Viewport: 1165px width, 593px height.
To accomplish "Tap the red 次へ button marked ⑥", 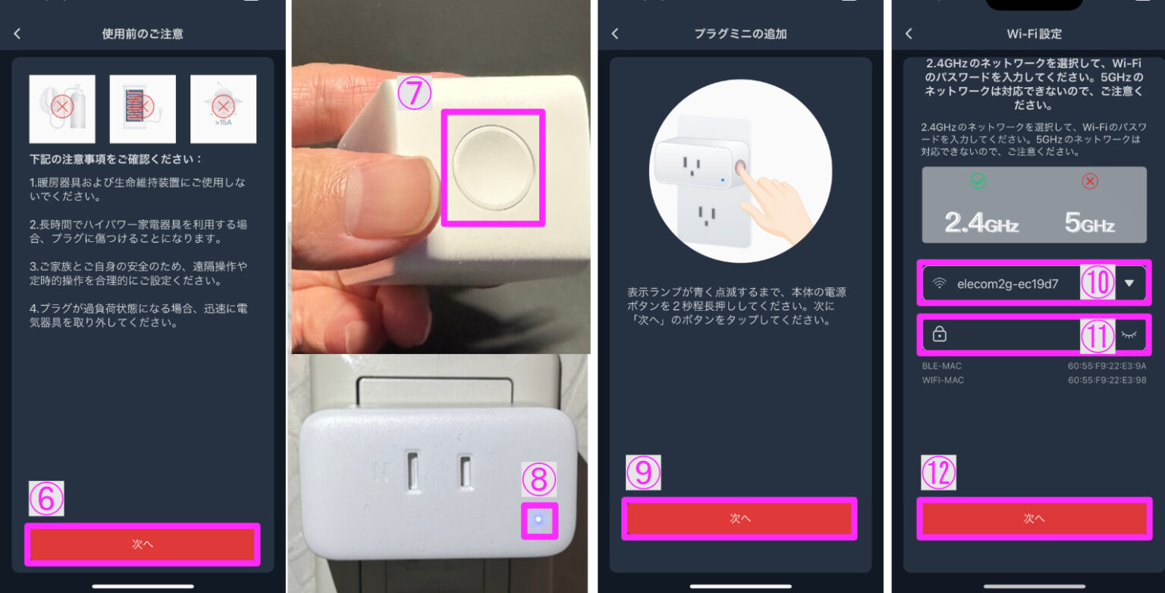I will pyautogui.click(x=143, y=544).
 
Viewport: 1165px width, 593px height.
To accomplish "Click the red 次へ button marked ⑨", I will pyautogui.click(x=740, y=519).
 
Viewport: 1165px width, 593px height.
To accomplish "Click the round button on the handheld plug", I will pyautogui.click(x=494, y=166).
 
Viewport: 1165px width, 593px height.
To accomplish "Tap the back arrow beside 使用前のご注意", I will pyautogui.click(x=17, y=33).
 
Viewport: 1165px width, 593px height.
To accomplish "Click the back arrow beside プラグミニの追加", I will pyautogui.click(x=615, y=33).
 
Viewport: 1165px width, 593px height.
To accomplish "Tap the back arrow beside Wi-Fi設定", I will pyautogui.click(x=909, y=33).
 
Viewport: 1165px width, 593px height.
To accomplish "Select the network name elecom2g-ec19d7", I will pyautogui.click(x=1007, y=284).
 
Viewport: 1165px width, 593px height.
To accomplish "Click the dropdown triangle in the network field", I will pyautogui.click(x=1129, y=283).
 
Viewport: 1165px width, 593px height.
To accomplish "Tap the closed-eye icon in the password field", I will pyautogui.click(x=1129, y=334).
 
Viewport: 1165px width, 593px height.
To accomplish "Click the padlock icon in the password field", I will pyautogui.click(x=940, y=334).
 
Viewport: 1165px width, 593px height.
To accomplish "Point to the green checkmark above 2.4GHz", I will pyautogui.click(x=978, y=181).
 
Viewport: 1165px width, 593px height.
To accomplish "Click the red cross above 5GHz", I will pyautogui.click(x=1090, y=181).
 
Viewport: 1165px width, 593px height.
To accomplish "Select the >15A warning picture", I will pyautogui.click(x=223, y=108).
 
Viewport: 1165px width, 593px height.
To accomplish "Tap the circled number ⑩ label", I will pyautogui.click(x=1097, y=283).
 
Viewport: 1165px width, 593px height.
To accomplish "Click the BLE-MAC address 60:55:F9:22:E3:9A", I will pyautogui.click(x=1107, y=366).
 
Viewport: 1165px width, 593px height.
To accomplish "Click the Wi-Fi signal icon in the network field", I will pyautogui.click(x=940, y=284).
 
